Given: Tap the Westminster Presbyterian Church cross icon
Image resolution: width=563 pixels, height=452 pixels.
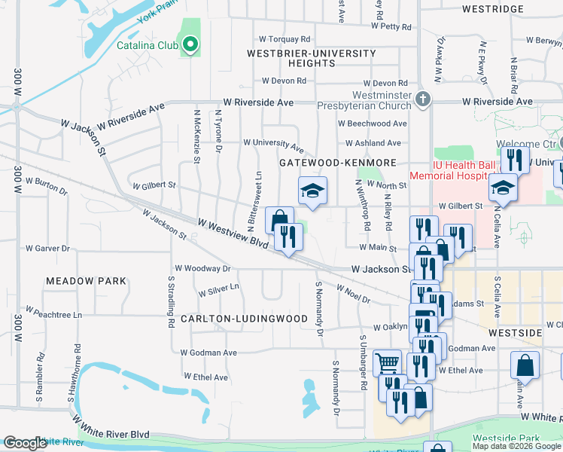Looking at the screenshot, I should (x=423, y=99).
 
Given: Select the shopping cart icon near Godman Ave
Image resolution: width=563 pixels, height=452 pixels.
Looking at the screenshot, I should (x=387, y=364).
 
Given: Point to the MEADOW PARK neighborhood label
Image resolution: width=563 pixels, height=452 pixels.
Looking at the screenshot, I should (x=86, y=280).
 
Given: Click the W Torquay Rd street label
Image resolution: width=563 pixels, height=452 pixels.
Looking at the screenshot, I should (x=285, y=38).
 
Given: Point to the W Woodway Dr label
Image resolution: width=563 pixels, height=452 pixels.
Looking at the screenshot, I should (x=202, y=268).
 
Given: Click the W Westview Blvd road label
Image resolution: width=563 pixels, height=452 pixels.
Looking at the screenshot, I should (x=233, y=233).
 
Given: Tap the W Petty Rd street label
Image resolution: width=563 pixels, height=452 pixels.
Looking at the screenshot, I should (x=388, y=26).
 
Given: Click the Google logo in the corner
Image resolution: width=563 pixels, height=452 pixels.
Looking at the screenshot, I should (x=25, y=443).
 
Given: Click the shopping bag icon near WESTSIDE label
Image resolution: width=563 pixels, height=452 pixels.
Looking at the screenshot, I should (x=525, y=365).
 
